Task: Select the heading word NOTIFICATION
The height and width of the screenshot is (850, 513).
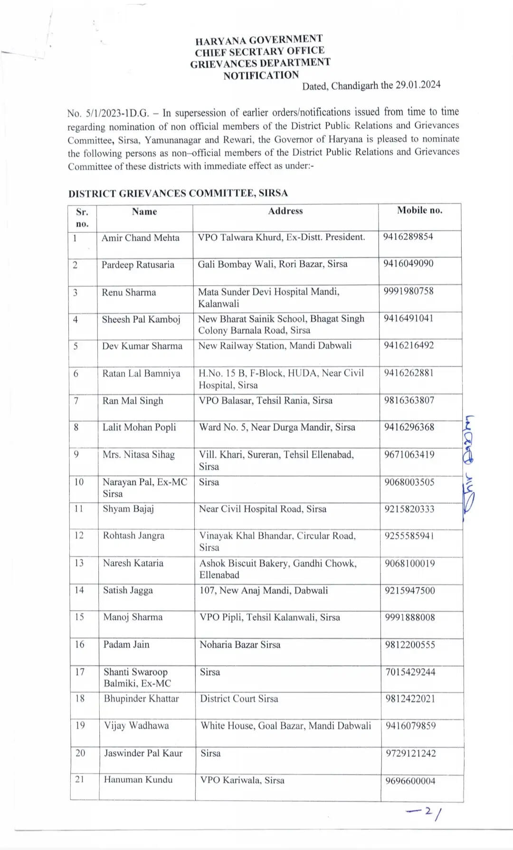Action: (x=261, y=76)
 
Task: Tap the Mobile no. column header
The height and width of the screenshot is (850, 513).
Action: (x=419, y=210)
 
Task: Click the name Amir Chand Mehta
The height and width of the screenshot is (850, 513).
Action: (x=140, y=238)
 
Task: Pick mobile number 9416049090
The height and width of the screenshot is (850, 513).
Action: (x=408, y=264)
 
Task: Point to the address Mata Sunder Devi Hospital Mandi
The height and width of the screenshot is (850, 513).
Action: (x=268, y=292)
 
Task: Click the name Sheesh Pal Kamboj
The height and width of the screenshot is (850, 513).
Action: (x=141, y=319)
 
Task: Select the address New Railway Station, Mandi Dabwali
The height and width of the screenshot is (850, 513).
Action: (x=275, y=345)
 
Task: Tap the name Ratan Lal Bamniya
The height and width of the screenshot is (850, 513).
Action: (x=141, y=373)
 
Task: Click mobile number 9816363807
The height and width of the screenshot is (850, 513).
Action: (x=409, y=400)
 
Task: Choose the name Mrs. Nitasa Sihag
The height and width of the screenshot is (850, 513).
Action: (x=139, y=455)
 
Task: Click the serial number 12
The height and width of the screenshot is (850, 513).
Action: (x=79, y=535)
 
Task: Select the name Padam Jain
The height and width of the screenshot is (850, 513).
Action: (x=126, y=645)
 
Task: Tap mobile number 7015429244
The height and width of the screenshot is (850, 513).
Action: (x=410, y=672)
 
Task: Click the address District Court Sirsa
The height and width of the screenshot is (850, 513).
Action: (x=239, y=699)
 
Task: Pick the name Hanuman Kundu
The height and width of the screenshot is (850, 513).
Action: (x=138, y=780)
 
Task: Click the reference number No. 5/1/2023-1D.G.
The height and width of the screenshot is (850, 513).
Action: (x=108, y=114)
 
